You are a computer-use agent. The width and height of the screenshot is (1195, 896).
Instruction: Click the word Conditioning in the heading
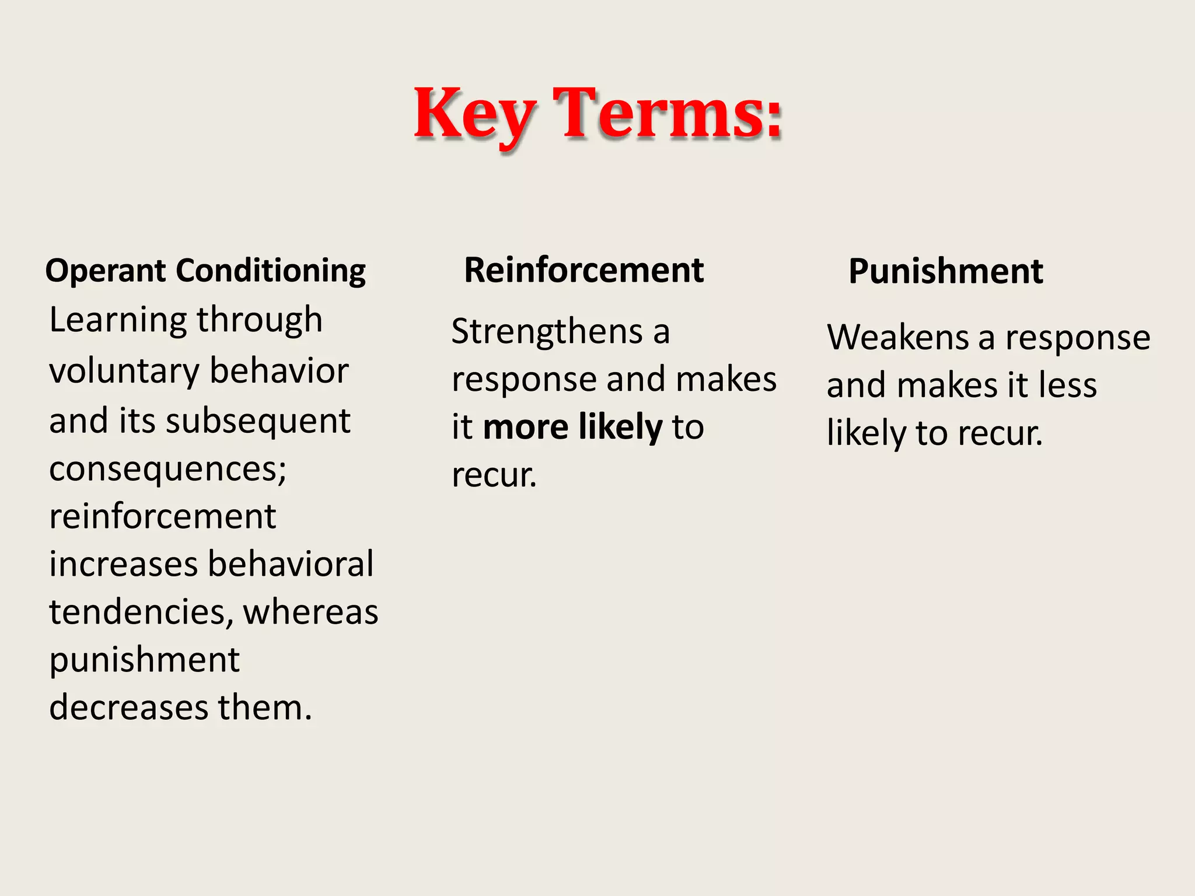coord(271,272)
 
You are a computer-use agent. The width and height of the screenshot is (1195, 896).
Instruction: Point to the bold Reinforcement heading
coord(583,271)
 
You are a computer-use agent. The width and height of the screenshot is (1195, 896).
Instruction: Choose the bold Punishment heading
coord(945,272)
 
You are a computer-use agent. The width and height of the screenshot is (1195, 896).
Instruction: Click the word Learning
coord(117,321)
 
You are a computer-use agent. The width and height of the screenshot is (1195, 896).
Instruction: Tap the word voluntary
coord(124,372)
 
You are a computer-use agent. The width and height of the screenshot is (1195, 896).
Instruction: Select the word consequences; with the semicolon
coord(168,469)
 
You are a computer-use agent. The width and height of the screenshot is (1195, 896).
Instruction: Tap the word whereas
coord(310,612)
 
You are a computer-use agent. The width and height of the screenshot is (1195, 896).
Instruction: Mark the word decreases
coord(129,708)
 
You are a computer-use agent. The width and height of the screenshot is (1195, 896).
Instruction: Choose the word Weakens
coord(897,338)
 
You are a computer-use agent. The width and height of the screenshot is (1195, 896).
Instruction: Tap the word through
coord(259,321)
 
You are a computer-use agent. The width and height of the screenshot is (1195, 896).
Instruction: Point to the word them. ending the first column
coord(265,708)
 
